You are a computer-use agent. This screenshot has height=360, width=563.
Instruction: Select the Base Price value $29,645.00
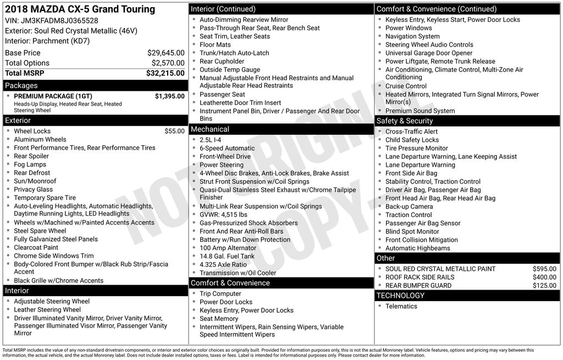pyautogui.click(x=165, y=53)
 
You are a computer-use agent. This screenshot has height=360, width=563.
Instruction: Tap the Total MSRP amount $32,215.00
pyautogui.click(x=165, y=73)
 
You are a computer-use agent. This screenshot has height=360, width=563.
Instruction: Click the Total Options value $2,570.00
pyautogui.click(x=168, y=63)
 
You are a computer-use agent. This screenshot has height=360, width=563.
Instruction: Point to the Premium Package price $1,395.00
pyautogui.click(x=169, y=96)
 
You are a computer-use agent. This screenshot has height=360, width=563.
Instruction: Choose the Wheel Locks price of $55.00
pyautogui.click(x=174, y=131)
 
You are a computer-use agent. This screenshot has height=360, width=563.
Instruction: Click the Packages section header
pyautogui.click(x=21, y=86)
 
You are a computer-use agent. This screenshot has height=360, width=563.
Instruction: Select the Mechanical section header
pyautogui.click(x=209, y=129)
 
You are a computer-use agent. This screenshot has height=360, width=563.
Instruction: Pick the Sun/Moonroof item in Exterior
pyautogui.click(x=35, y=181)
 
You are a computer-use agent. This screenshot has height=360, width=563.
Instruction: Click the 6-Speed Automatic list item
pyautogui.click(x=227, y=148)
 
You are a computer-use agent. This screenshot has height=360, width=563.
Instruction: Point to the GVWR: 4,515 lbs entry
pyautogui.click(x=223, y=214)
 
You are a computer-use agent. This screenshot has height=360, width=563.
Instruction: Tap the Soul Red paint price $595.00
pyautogui.click(x=544, y=269)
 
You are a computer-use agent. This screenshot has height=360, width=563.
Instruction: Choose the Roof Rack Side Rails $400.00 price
pyautogui.click(x=544, y=278)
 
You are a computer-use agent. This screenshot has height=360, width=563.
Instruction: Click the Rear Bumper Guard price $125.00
pyautogui.click(x=544, y=286)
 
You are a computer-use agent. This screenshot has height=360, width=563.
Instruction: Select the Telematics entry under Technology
pyautogui.click(x=401, y=307)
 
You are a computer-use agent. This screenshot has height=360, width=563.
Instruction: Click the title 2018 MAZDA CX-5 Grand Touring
pyautogui.click(x=80, y=9)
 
